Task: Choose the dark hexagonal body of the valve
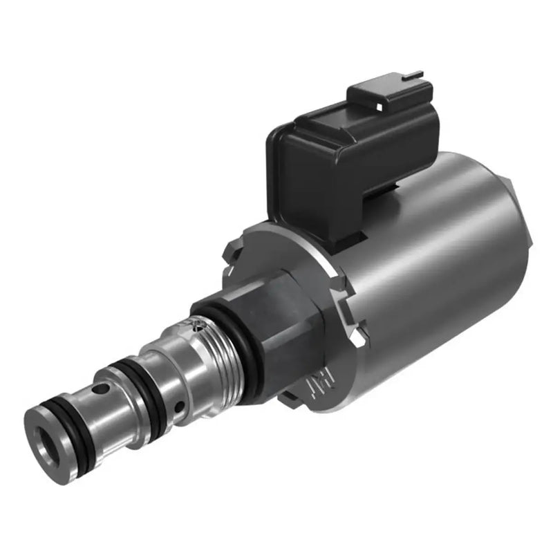pyautogui.click(x=283, y=325)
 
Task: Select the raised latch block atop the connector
pyautogui.click(x=391, y=104)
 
